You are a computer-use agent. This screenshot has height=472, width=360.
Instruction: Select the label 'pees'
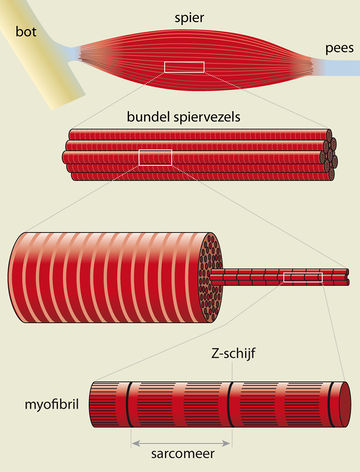[x=338, y=47]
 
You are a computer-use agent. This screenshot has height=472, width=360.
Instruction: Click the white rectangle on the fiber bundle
[x=156, y=156]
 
